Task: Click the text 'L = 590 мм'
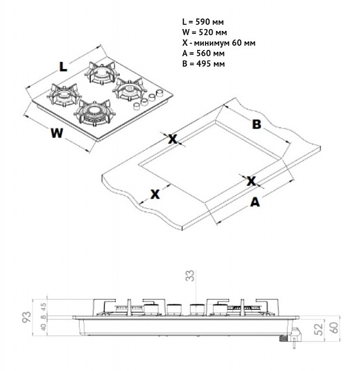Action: tap(202, 21)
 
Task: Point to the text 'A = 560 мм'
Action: tap(202, 53)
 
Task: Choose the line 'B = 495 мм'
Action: tap(202, 64)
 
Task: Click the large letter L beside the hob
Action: tap(64, 67)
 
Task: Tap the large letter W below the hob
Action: tap(56, 133)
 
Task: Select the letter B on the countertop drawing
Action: tap(256, 124)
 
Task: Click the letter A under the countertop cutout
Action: tap(255, 202)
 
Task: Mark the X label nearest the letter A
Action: tap(251, 181)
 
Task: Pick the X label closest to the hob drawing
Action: tap(173, 139)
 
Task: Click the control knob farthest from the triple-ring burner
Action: tap(159, 93)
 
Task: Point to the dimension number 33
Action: tap(190, 275)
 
